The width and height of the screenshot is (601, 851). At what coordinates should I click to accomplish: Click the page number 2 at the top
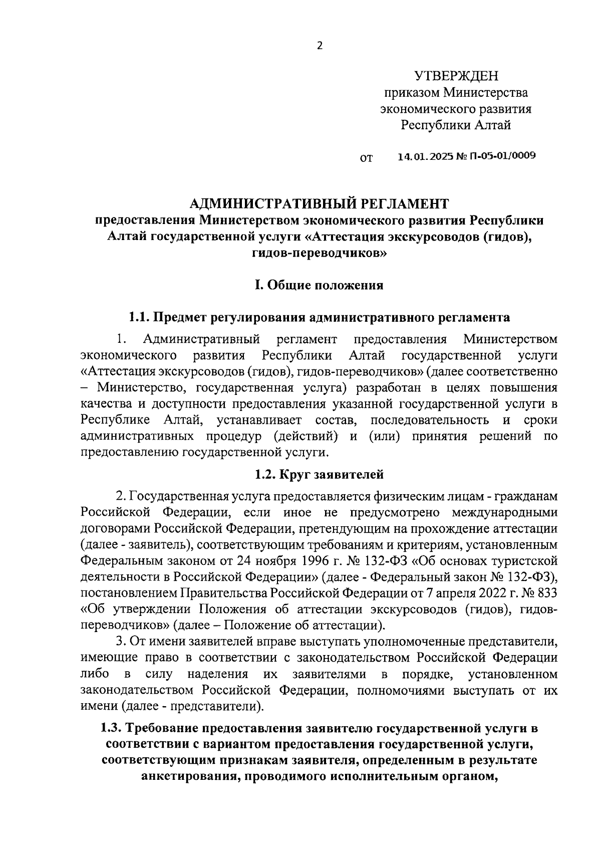pos(320,46)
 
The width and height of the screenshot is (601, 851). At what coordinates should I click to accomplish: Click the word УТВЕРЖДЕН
pos(456,76)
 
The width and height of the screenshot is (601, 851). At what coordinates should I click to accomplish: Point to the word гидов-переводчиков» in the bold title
pos(319,253)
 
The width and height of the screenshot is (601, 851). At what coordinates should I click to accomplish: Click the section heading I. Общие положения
pos(319,285)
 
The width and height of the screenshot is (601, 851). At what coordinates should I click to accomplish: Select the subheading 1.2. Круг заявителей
pos(319,473)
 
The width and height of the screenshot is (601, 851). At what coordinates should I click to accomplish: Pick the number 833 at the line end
pos(546,593)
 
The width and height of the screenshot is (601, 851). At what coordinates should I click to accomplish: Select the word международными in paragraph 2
pos(504,512)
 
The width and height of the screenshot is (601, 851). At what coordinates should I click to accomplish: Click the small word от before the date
pos(366,159)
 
